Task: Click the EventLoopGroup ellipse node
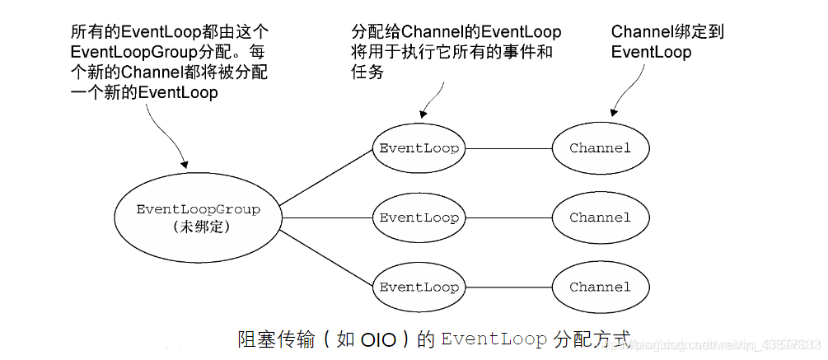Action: coord(198,217)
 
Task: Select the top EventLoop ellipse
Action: coord(419,148)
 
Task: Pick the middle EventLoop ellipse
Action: coord(419,217)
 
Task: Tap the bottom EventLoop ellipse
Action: coord(419,288)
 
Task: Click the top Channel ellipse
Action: coord(600,148)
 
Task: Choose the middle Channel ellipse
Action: coord(600,217)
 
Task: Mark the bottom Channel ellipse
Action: coord(600,288)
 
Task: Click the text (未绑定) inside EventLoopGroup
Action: coord(198,226)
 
